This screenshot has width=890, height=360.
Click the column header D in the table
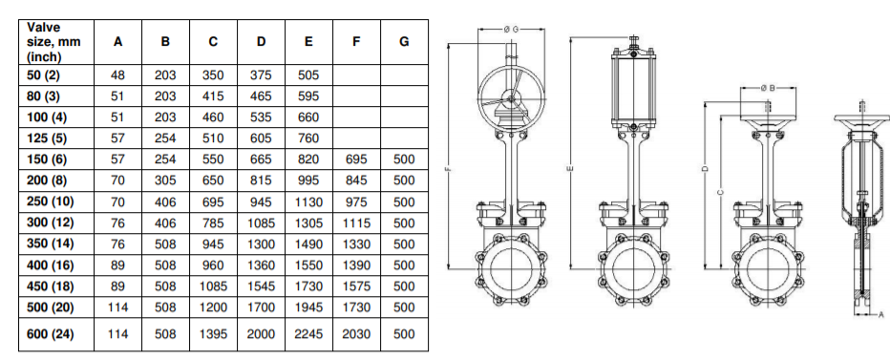click(261, 41)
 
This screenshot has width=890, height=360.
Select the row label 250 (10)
click(50, 201)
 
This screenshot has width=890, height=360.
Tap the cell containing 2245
click(308, 334)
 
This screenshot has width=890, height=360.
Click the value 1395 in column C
click(213, 334)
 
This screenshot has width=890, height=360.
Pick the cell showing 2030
click(356, 334)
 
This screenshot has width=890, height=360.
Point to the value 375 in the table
click(261, 74)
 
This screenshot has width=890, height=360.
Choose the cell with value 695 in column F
click(356, 159)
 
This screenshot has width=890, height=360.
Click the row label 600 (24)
click(50, 333)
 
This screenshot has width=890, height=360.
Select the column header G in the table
click(404, 41)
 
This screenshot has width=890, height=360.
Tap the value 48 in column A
click(117, 74)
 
